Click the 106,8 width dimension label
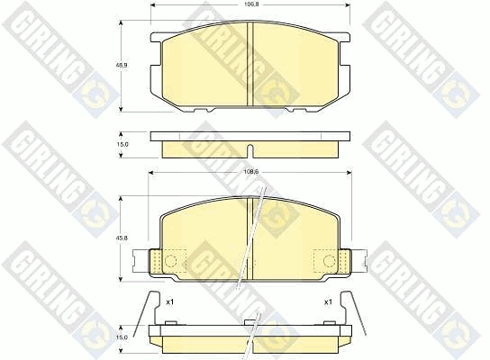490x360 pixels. (x=250, y=4)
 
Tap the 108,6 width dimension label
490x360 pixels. (x=250, y=172)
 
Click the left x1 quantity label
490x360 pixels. (x=169, y=301)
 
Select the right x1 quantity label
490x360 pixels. (x=328, y=301)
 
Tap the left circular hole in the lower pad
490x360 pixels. (x=170, y=260)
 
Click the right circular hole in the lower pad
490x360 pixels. (x=329, y=260)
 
